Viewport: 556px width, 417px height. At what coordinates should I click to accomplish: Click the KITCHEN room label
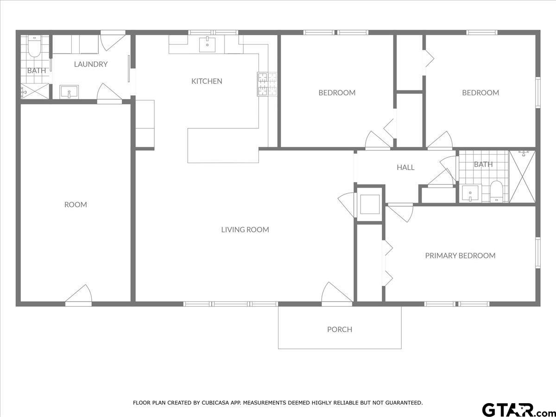click(207, 81)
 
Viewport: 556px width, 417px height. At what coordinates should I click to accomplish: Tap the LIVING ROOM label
click(245, 229)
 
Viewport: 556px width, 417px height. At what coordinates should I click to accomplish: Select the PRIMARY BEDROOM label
click(460, 255)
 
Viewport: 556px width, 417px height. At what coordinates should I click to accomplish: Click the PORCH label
click(340, 329)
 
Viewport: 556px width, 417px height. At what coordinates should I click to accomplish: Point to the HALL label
click(405, 167)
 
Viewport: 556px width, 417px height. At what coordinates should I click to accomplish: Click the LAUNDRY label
click(91, 64)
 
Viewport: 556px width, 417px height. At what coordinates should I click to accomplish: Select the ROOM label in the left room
click(76, 204)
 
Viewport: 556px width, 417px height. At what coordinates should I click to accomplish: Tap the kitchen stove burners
click(267, 84)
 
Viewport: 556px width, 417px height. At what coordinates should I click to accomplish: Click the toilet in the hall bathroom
click(496, 191)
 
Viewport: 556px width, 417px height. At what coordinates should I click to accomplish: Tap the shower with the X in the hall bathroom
click(522, 177)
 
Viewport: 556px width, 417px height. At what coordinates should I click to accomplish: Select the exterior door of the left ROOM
click(79, 297)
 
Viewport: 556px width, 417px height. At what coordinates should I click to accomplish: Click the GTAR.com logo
click(514, 410)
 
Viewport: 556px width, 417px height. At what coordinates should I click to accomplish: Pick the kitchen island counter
click(223, 145)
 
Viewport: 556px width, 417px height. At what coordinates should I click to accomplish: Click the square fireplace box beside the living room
click(370, 203)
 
